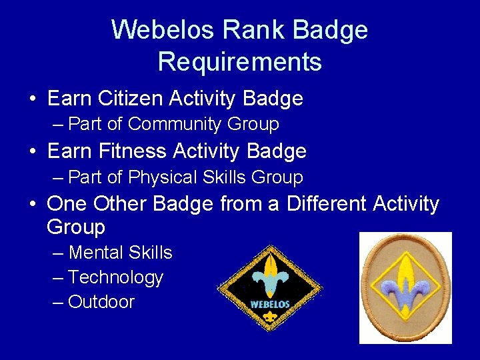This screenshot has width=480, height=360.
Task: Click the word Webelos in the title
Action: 163,30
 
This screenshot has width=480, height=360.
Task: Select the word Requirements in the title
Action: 240,62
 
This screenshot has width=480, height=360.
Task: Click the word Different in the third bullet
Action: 327,203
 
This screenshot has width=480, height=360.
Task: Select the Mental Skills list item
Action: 120,253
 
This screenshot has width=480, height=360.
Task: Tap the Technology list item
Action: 115,277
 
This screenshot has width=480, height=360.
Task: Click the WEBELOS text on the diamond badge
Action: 269,305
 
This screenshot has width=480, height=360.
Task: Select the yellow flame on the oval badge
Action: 405,270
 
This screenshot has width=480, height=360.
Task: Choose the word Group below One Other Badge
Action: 76,227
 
